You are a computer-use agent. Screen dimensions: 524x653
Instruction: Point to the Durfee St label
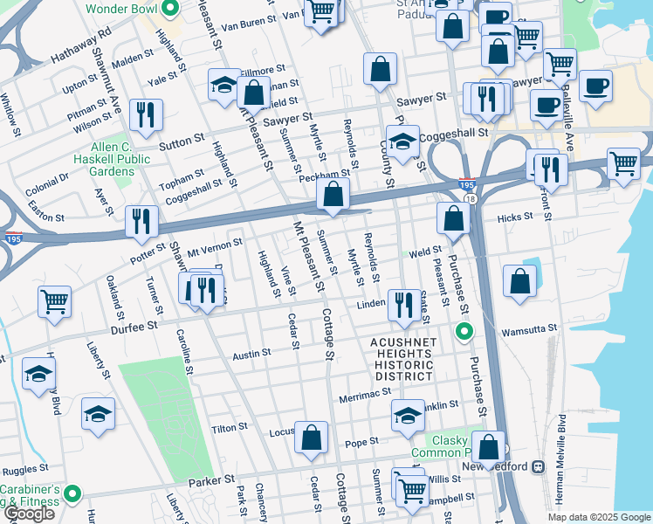(134, 325)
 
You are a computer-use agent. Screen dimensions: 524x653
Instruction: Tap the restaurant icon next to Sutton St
(145, 114)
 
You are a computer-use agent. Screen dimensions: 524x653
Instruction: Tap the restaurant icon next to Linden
(402, 304)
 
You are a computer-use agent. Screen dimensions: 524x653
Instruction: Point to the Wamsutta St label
(523, 333)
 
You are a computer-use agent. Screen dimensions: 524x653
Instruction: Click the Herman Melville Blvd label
(563, 454)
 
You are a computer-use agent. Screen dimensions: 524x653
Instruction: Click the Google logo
(29, 514)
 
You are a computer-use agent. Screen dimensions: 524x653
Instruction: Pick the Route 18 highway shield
(471, 199)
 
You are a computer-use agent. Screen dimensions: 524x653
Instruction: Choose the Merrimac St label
(364, 395)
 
